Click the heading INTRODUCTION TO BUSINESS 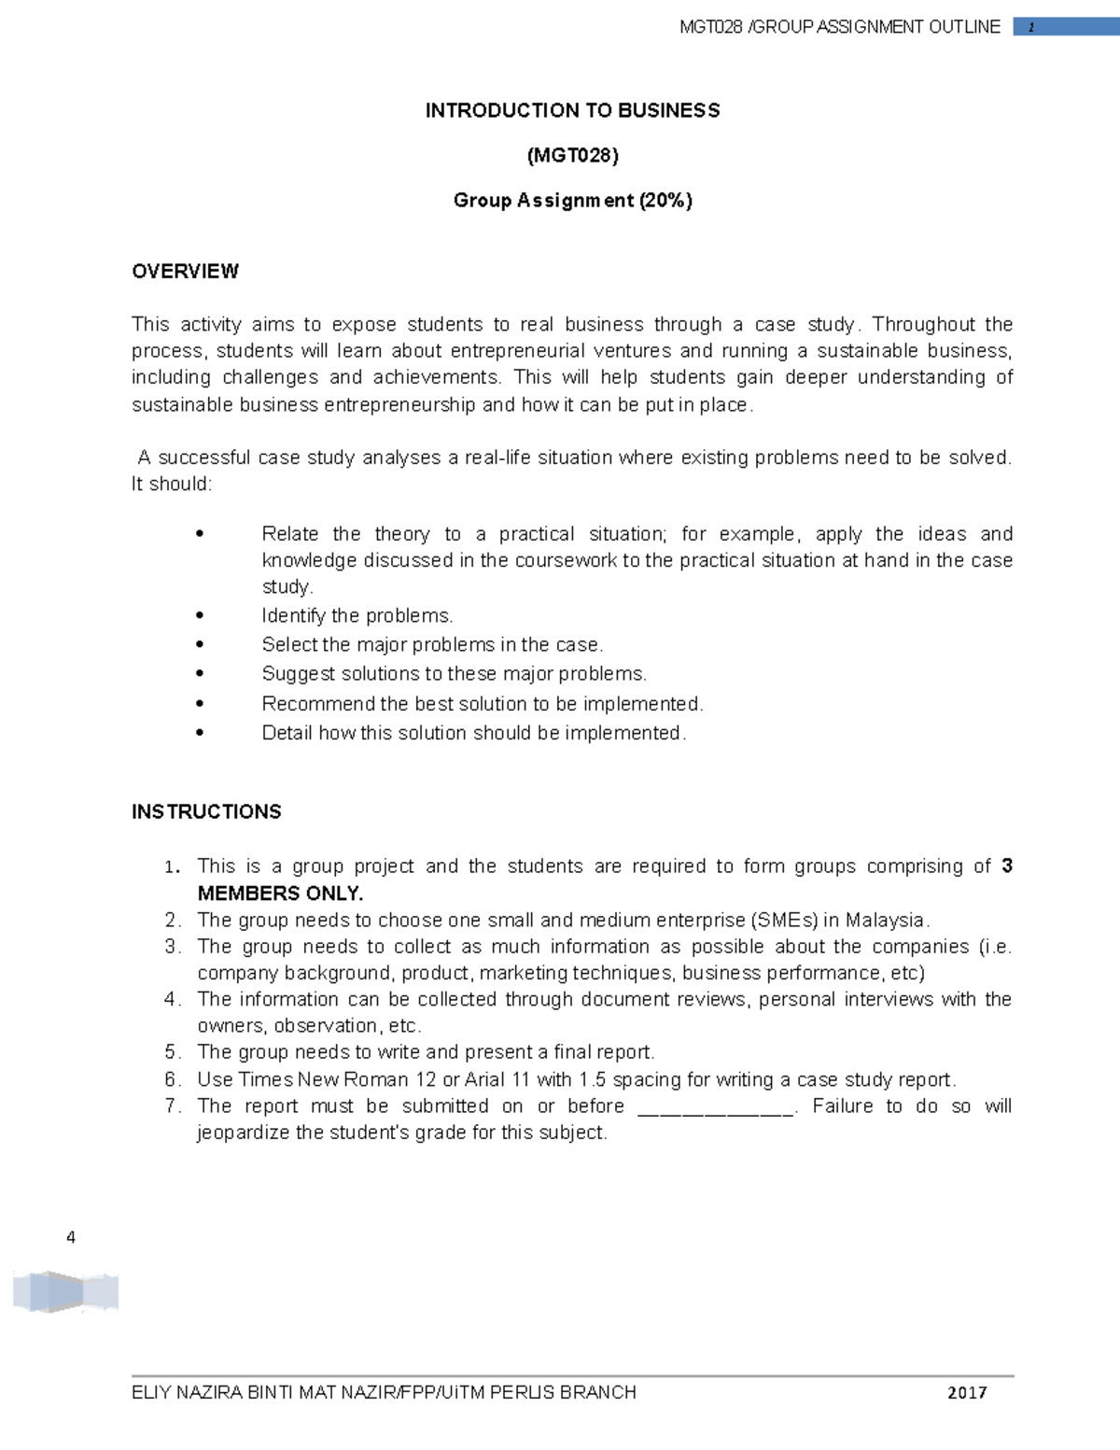tap(572, 111)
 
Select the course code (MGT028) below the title tap(572, 155)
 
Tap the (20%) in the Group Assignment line tap(665, 201)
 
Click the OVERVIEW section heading tap(185, 272)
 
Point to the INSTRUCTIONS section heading tap(206, 812)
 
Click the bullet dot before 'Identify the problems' tap(200, 616)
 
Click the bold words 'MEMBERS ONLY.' tap(280, 894)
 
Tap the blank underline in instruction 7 tap(715, 1107)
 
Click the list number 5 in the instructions tap(171, 1052)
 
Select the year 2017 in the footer tap(967, 1393)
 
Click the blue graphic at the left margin tap(65, 1293)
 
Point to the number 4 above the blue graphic tap(71, 1238)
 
